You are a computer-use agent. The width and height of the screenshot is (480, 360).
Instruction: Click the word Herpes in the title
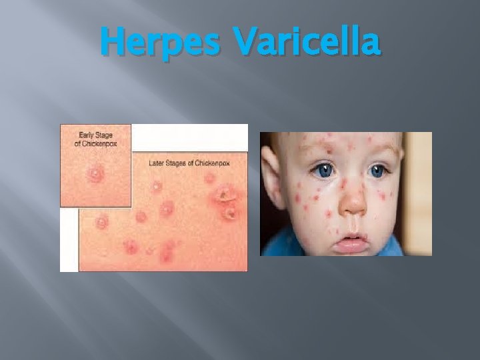pyautogui.click(x=159, y=41)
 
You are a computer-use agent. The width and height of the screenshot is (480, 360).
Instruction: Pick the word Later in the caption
pyautogui.click(x=159, y=163)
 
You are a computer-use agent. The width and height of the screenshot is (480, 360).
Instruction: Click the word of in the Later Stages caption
pyautogui.click(x=199, y=163)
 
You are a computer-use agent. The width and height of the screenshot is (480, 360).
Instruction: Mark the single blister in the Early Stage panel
pyautogui.click(x=95, y=175)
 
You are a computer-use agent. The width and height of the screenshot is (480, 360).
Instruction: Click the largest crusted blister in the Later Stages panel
pyautogui.click(x=225, y=195)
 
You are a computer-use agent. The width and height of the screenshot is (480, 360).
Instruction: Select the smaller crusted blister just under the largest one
pyautogui.click(x=230, y=213)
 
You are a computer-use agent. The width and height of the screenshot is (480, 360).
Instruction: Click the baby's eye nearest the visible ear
pyautogui.click(x=325, y=170)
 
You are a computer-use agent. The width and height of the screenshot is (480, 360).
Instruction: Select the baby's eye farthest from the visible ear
pyautogui.click(x=379, y=171)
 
